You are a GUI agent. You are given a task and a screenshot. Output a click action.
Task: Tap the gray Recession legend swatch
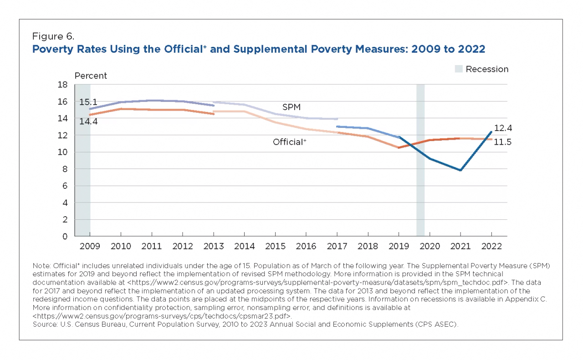(459, 69)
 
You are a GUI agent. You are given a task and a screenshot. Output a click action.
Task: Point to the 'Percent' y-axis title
(91, 76)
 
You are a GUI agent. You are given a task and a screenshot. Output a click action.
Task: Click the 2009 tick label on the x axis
(89, 246)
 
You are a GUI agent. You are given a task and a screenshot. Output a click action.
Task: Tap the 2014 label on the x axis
(245, 246)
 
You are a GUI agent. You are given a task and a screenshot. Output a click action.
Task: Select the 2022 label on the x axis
(491, 246)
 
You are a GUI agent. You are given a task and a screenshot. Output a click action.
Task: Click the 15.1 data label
(88, 102)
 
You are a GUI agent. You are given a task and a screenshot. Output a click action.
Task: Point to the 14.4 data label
(88, 122)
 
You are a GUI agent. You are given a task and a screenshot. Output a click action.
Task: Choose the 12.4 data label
(503, 128)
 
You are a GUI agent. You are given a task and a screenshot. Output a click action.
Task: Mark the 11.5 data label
(503, 142)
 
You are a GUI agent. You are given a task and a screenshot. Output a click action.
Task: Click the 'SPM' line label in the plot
(291, 107)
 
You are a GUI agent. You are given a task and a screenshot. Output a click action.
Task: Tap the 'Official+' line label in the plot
(290, 142)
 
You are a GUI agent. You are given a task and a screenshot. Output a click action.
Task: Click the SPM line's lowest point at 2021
(461, 170)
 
